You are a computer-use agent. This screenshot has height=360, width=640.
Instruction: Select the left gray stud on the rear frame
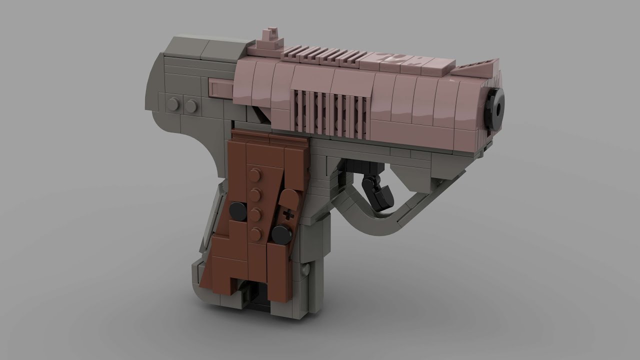pos(174,104)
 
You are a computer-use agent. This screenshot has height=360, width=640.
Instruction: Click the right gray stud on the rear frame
pos(190,105)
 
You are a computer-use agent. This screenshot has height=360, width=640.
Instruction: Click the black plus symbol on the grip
pos(288,215)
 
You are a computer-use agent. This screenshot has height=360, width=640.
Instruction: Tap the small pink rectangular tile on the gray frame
pos(219,89)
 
